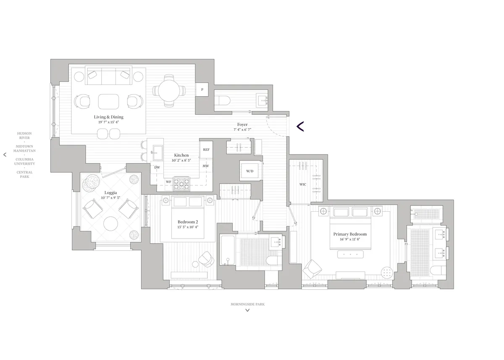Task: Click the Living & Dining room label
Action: [x=109, y=117]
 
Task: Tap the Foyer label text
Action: [x=242, y=125]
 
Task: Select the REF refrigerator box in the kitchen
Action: [x=206, y=150]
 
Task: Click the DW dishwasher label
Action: [x=157, y=167]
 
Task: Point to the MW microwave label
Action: [x=206, y=166]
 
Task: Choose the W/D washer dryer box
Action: [x=250, y=171]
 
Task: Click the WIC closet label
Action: [x=302, y=184]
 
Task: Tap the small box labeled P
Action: [x=202, y=89]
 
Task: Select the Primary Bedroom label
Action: [x=350, y=234]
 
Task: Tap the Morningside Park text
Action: [x=247, y=304]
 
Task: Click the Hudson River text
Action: [x=24, y=136]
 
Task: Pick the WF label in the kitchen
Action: [x=168, y=181]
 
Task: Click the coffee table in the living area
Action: [x=109, y=102]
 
